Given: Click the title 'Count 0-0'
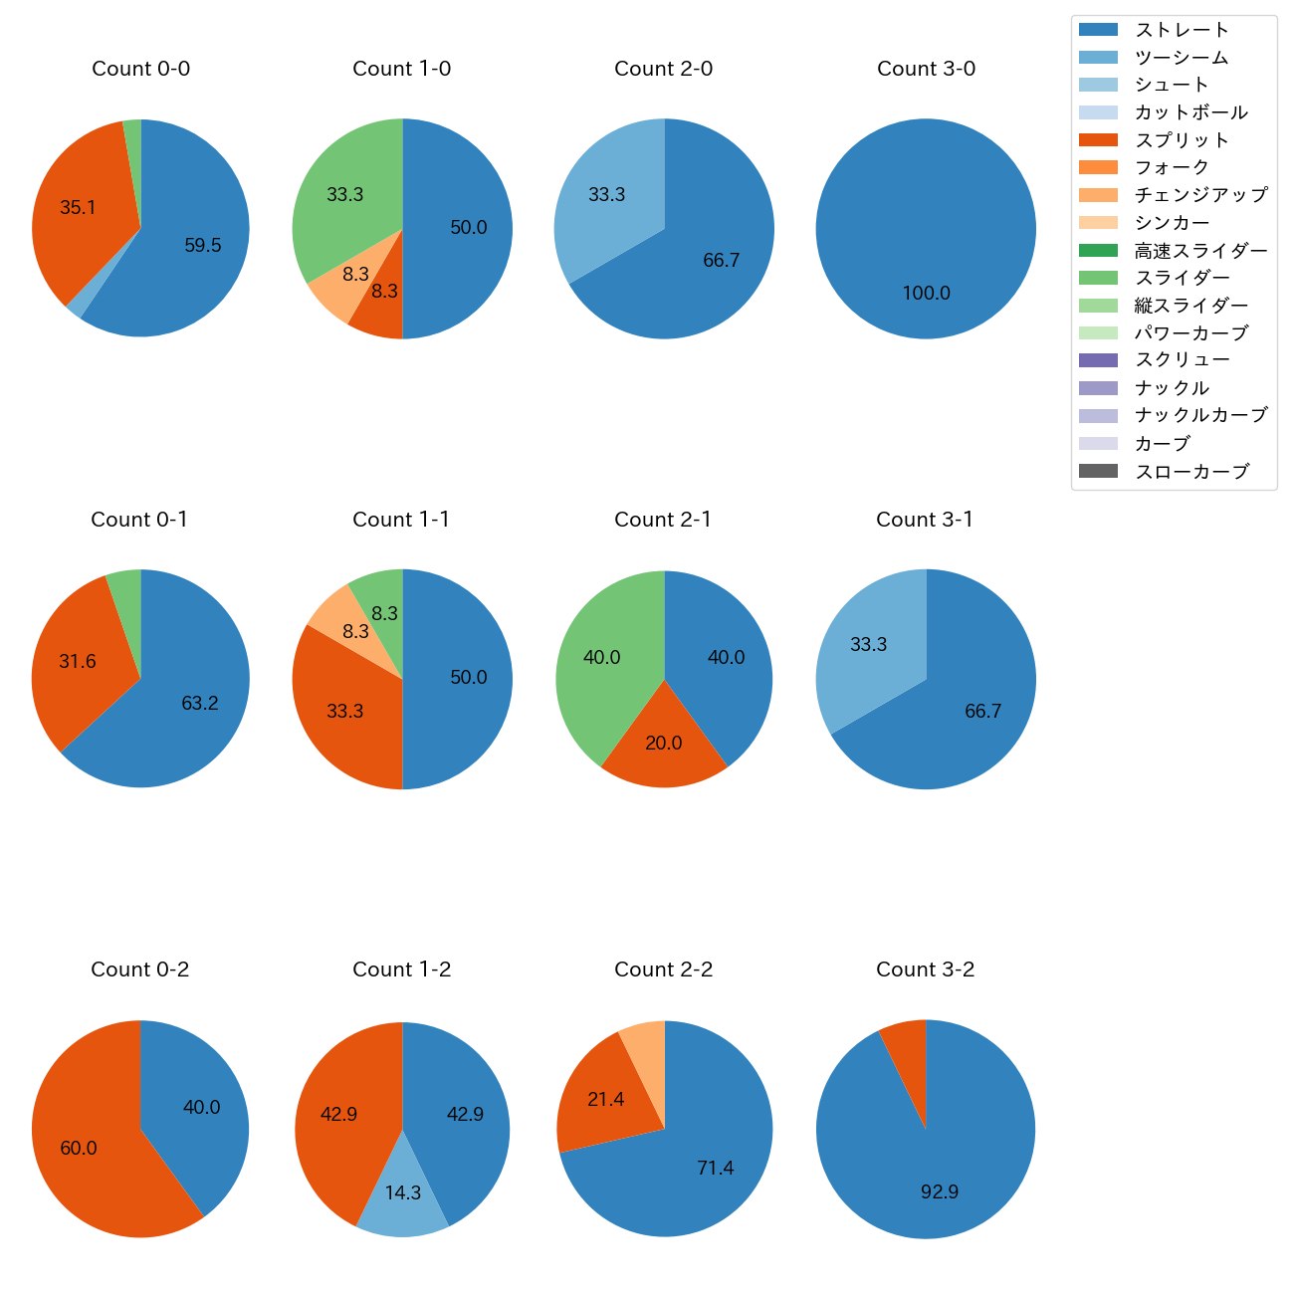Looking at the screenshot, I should point(140,69).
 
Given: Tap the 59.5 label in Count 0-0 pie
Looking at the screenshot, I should point(203,245).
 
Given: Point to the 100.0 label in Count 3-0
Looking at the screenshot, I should point(926,293).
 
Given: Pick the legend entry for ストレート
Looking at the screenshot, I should point(1182,30).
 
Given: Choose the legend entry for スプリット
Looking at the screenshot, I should point(1182,140).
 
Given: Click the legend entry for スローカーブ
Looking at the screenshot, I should point(1191,472).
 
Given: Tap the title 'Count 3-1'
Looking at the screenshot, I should point(925,520).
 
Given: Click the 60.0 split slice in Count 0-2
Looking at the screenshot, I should point(80,1148).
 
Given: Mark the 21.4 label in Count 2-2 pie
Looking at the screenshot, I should point(605,1100).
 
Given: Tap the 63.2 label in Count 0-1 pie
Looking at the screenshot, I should point(200,703).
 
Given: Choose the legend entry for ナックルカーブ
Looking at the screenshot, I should point(1200,416).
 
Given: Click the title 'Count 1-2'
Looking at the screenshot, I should point(402,970).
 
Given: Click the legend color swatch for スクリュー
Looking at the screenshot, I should point(1098,360).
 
